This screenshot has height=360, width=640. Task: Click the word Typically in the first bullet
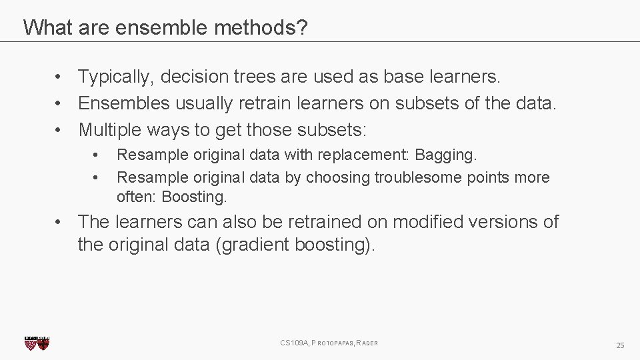pos(117,77)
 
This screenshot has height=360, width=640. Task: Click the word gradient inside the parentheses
pos(252,245)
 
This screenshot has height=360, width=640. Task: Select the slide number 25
pos(620,345)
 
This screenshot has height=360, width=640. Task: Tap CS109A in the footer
pos(294,343)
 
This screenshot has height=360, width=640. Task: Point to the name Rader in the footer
pos(367,343)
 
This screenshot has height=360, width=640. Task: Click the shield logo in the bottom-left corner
pos(37,343)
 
